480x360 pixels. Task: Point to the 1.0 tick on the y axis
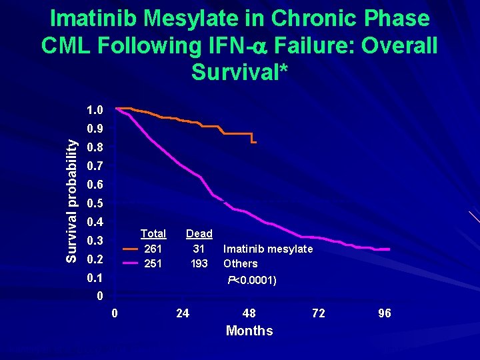(x=95, y=109)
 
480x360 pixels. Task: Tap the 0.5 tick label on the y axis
(x=95, y=203)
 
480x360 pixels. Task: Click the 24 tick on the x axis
(x=182, y=313)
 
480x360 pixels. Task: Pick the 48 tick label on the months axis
(x=249, y=313)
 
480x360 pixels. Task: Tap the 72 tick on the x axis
(x=319, y=313)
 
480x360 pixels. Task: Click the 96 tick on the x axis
(x=385, y=313)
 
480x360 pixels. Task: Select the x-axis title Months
(x=249, y=331)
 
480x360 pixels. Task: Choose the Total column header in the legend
(x=153, y=233)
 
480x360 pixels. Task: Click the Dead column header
(x=199, y=233)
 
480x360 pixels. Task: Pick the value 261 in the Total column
(x=153, y=249)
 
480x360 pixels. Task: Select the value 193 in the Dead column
(x=199, y=263)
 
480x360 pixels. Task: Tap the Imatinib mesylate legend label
(x=268, y=249)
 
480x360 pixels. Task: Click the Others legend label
(x=241, y=263)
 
